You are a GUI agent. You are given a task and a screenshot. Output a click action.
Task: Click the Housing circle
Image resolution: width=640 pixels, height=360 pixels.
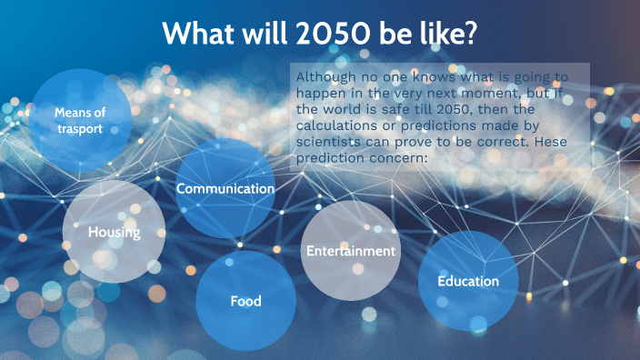[x=114, y=232]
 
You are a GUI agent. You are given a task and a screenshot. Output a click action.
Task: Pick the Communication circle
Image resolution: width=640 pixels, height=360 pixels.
[x=225, y=188]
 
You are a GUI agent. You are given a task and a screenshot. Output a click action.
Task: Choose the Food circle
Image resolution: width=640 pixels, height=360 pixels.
[x=245, y=301]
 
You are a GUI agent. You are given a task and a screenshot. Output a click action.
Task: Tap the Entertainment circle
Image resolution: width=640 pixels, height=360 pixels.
[x=350, y=250]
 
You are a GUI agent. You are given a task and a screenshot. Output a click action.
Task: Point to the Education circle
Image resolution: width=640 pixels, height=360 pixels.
[x=468, y=281]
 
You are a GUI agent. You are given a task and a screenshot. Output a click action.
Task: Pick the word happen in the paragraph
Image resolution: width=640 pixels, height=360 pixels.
[x=323, y=95]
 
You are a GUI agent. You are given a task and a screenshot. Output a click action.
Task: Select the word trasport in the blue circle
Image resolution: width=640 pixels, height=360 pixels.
[x=78, y=129]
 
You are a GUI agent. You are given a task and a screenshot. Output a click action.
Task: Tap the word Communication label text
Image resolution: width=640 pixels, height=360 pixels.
[x=225, y=188]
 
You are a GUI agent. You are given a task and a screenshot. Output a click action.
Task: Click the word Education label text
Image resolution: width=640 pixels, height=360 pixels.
[x=468, y=281]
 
